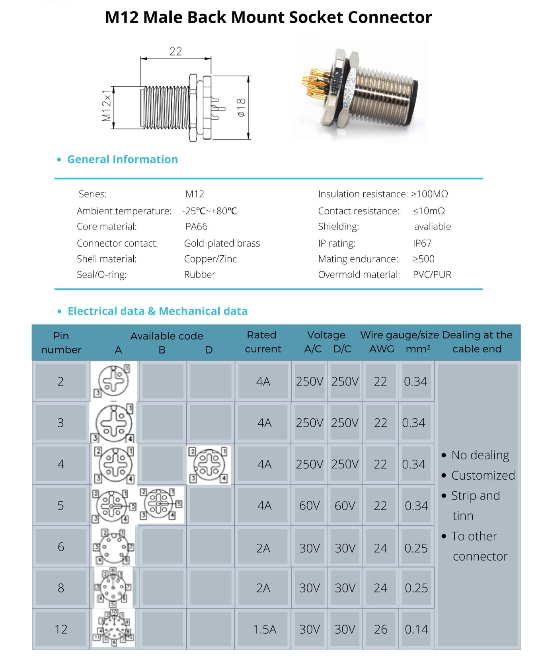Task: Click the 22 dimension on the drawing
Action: pos(175,51)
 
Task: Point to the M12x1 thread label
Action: pos(106,105)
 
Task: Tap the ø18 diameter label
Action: pos(241,107)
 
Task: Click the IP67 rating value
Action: pos(422,243)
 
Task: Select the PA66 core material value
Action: pos(196,226)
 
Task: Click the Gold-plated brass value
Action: pos(222,243)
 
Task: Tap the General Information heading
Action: pos(122,159)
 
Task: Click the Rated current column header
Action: pos(263,342)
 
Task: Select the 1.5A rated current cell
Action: pos(264,629)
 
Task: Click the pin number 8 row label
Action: pos(61,588)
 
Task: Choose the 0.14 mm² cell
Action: pos(416,629)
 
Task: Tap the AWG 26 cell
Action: pos(380,629)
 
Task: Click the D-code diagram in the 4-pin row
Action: pos(209,465)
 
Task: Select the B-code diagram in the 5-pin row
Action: pos(161,504)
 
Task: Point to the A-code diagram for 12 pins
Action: pos(114,628)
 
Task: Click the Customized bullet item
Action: pos(483,475)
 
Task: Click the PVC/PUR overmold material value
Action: pos(432,274)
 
